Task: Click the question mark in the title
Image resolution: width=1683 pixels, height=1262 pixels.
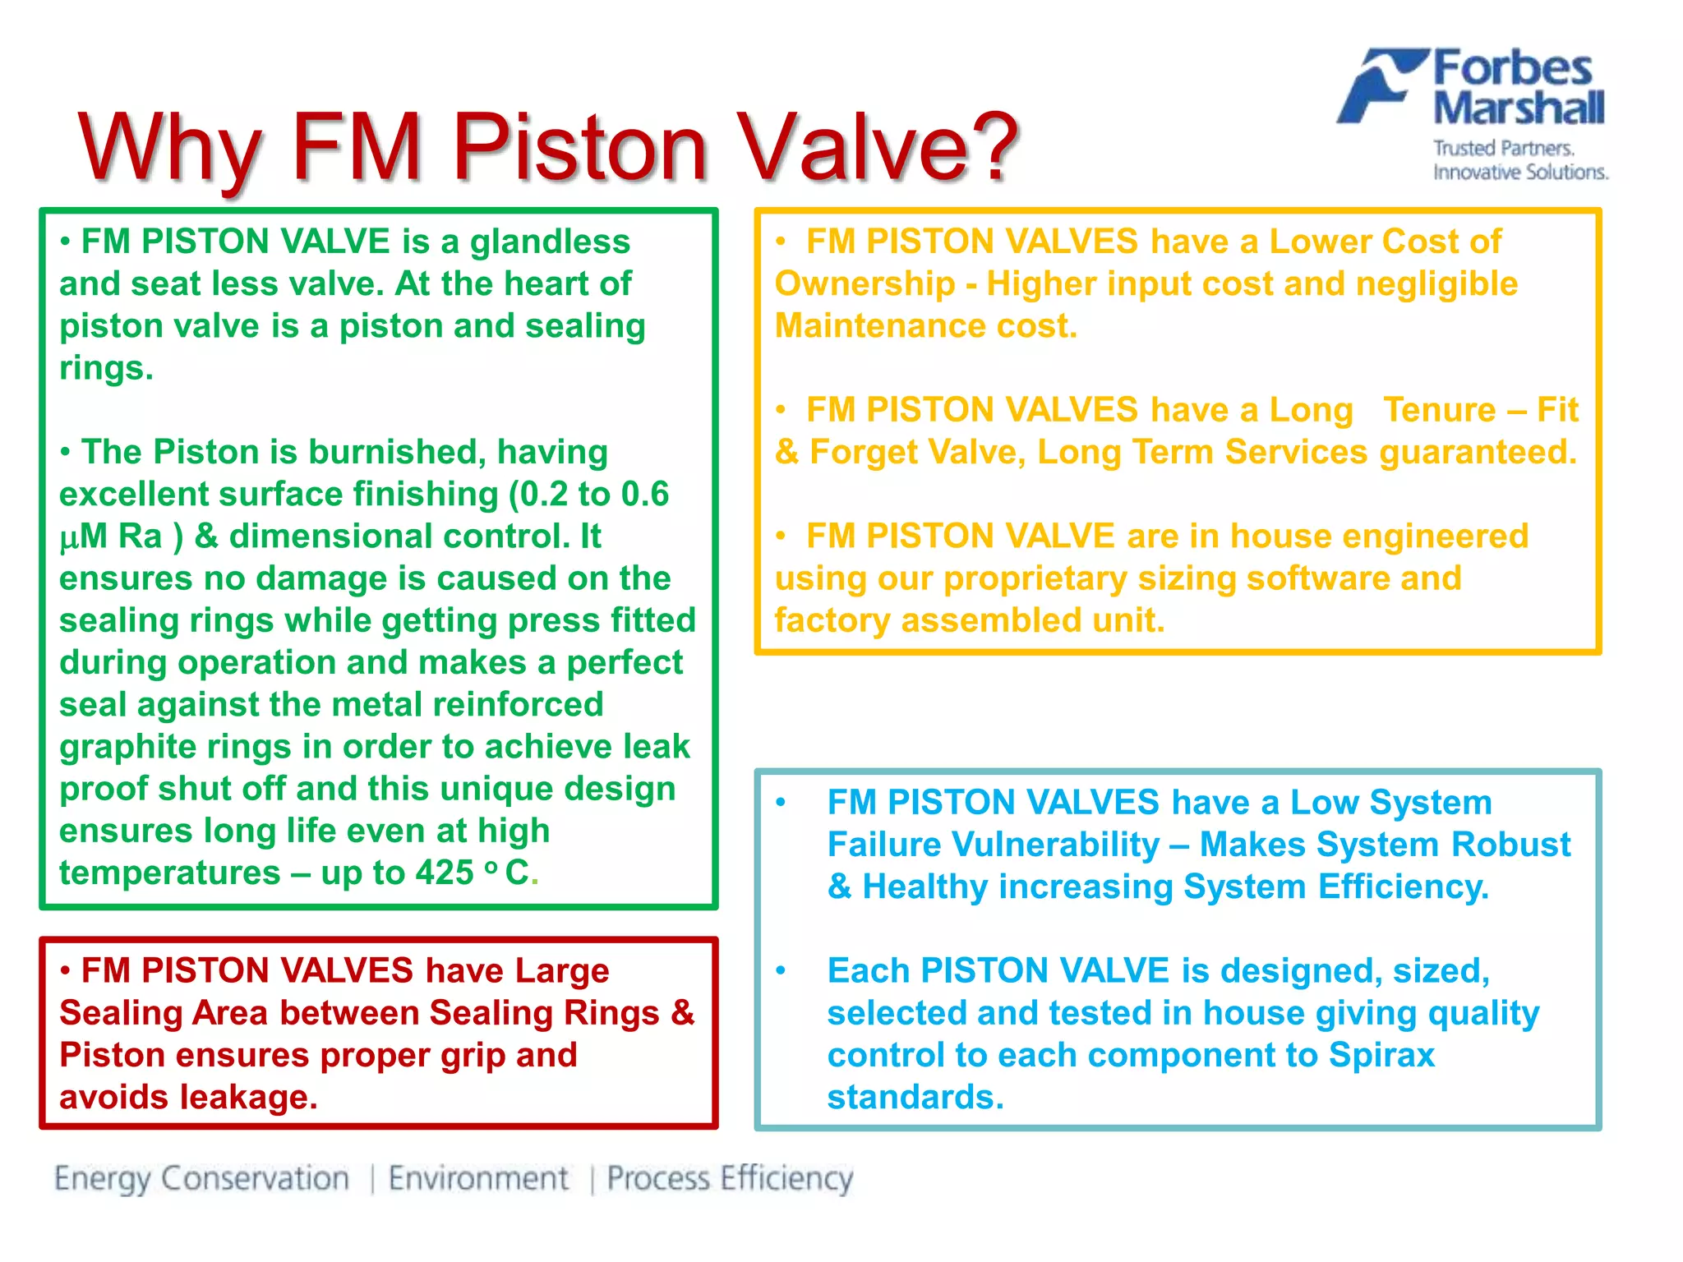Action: tap(989, 147)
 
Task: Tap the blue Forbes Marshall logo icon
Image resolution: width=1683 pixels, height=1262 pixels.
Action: tap(1380, 86)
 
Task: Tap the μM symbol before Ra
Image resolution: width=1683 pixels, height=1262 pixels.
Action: tap(83, 537)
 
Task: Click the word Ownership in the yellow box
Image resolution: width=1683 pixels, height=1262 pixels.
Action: tap(865, 284)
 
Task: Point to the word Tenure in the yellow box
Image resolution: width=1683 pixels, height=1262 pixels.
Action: tap(1439, 410)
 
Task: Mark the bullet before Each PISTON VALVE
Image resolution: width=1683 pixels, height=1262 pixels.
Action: tap(781, 971)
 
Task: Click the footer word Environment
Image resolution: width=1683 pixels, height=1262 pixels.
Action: tap(478, 1178)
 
